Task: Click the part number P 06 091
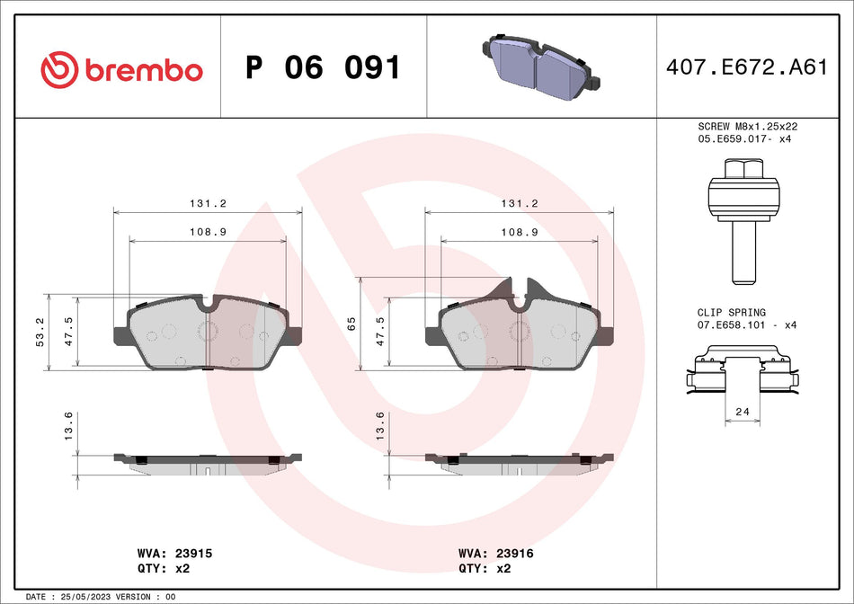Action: pyautogui.click(x=323, y=67)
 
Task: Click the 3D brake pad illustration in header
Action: pyautogui.click(x=538, y=67)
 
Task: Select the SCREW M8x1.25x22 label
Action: pyautogui.click(x=747, y=127)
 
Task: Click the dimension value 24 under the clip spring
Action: pyautogui.click(x=743, y=413)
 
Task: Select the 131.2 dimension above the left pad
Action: pyautogui.click(x=207, y=204)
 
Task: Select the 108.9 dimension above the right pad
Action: pyautogui.click(x=519, y=232)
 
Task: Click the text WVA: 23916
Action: pyautogui.click(x=495, y=554)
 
